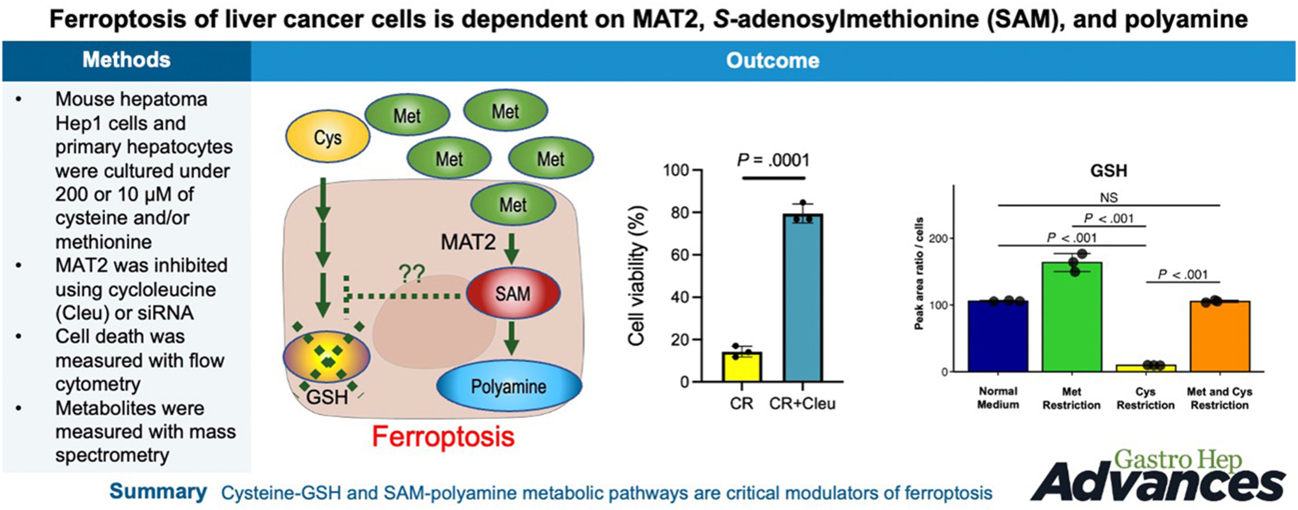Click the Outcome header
[x=772, y=61]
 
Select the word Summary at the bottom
[x=158, y=492]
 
